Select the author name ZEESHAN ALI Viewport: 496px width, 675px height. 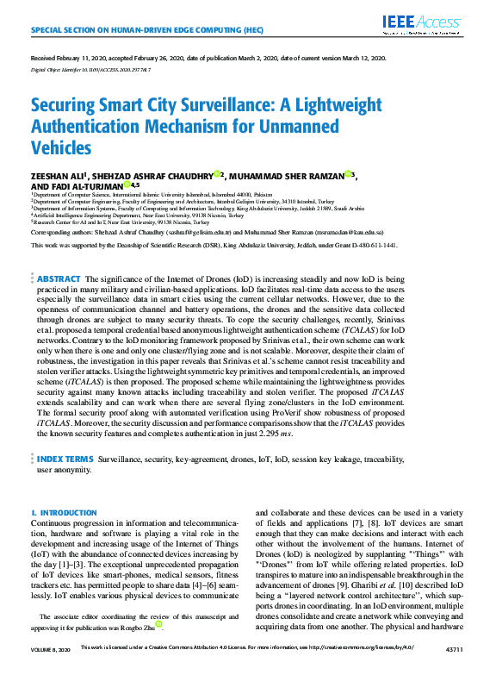tap(59, 175)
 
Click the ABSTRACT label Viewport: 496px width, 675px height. tap(59, 280)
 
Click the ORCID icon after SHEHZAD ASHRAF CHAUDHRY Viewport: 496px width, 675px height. tap(217, 173)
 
